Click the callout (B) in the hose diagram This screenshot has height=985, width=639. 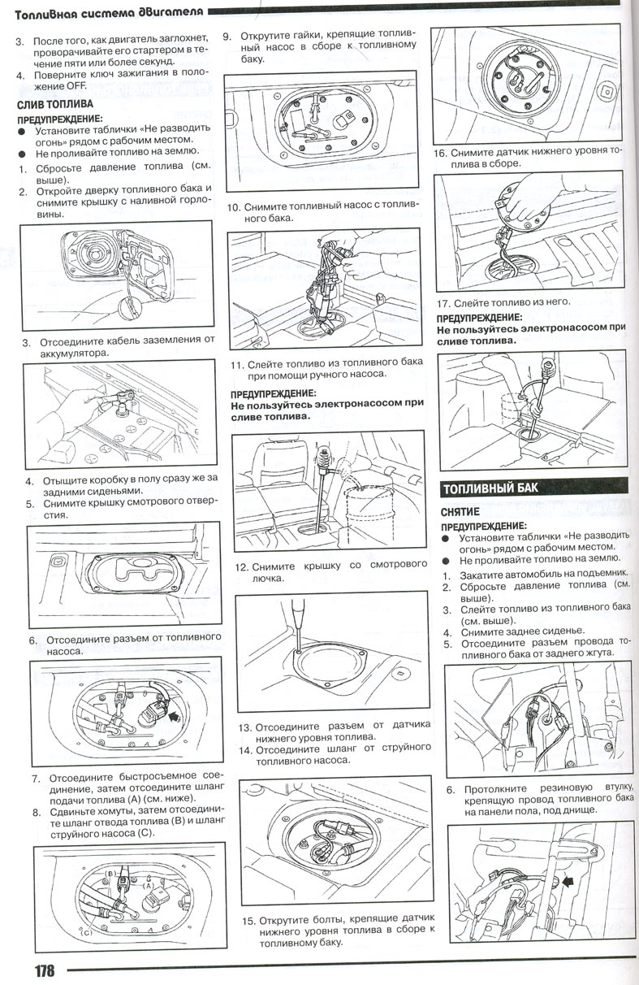pyautogui.click(x=113, y=873)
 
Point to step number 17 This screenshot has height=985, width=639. pyautogui.click(x=443, y=301)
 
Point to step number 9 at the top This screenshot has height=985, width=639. pyautogui.click(x=227, y=36)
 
